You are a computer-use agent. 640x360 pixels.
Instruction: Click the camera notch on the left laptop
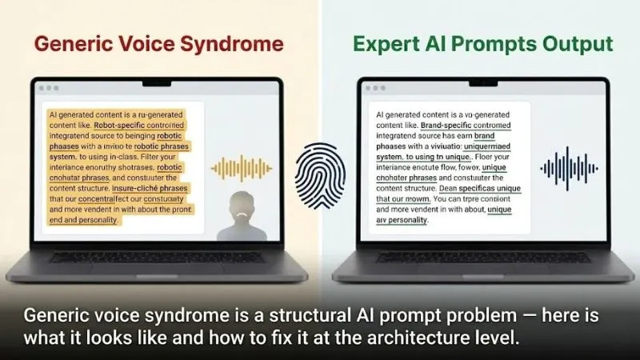pyautogui.click(x=158, y=82)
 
